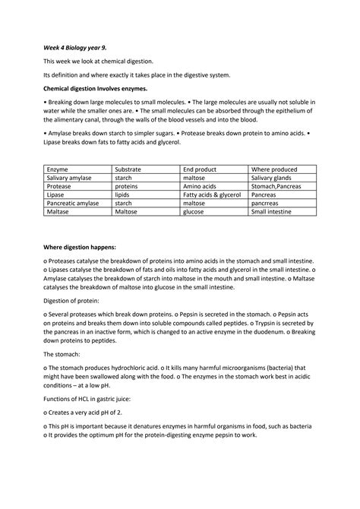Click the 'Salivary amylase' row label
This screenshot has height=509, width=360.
tap(72, 177)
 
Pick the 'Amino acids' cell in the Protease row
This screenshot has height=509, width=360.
tap(200, 185)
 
